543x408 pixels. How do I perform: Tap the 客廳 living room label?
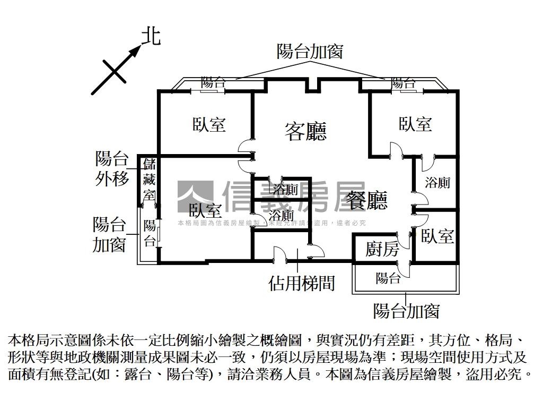(305, 131)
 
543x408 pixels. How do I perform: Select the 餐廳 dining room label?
(367, 200)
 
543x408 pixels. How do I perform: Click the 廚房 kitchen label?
(382, 249)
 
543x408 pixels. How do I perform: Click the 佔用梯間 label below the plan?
(302, 283)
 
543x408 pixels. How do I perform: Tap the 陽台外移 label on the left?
(112, 168)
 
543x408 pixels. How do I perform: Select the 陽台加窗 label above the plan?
(310, 51)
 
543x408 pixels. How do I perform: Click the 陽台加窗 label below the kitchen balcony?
(406, 310)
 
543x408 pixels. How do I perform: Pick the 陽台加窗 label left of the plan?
(109, 234)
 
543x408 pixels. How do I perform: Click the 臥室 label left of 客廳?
(209, 124)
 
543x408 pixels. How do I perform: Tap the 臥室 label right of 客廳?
(415, 124)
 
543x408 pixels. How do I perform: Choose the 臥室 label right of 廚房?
(437, 236)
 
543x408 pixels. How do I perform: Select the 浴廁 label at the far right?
(437, 182)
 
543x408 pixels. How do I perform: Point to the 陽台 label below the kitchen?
(388, 277)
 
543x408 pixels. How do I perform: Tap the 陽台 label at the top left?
(213, 83)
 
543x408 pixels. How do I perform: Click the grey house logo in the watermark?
(195, 197)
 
